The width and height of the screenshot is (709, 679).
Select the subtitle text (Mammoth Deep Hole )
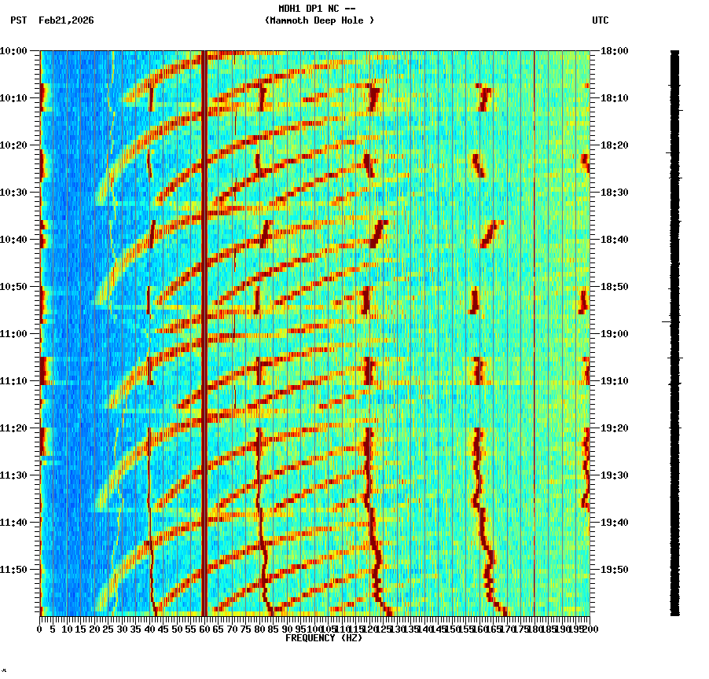(319, 20)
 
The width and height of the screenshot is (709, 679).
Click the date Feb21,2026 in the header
(66, 20)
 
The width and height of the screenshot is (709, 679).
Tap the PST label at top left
(19, 20)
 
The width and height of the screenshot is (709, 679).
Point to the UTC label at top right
(600, 20)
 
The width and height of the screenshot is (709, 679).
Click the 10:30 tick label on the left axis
(13, 192)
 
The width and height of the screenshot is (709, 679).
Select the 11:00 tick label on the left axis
(13, 333)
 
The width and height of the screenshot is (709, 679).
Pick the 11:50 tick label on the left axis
(13, 569)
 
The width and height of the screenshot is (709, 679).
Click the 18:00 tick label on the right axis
(614, 50)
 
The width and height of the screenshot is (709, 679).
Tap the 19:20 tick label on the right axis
(614, 428)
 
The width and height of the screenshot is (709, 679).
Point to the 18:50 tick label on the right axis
(614, 286)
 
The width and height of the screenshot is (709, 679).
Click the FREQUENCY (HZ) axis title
(323, 638)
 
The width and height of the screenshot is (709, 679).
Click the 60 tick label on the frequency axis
(205, 629)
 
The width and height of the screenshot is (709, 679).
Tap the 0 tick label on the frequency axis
(40, 629)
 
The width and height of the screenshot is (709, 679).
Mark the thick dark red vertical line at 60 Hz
(204, 330)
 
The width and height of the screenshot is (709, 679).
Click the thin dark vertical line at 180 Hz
(535, 330)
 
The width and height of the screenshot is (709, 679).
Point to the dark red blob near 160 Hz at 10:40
(490, 233)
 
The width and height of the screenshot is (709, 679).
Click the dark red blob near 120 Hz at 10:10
(373, 98)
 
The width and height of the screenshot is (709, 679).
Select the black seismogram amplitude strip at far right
(674, 330)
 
